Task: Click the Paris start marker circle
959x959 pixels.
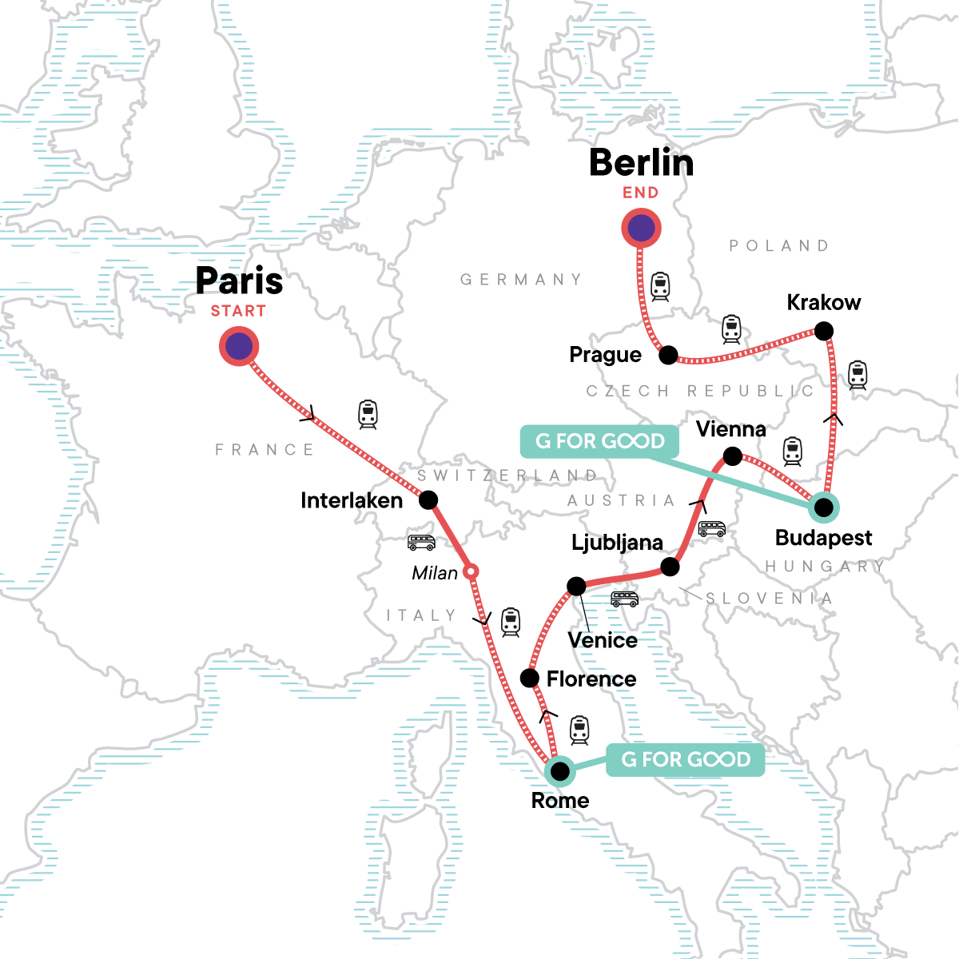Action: pyautogui.click(x=239, y=347)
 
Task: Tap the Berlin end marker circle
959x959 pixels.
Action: pyautogui.click(x=641, y=229)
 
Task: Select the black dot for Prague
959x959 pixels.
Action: pyautogui.click(x=668, y=355)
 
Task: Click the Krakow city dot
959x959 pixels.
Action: pyautogui.click(x=823, y=331)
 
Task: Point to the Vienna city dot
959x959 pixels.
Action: pyautogui.click(x=732, y=456)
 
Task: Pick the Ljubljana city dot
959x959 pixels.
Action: pyautogui.click(x=671, y=567)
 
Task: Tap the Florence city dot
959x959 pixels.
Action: pyautogui.click(x=529, y=678)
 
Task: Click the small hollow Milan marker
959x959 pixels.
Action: pyautogui.click(x=472, y=571)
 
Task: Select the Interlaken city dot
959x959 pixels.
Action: pyautogui.click(x=428, y=500)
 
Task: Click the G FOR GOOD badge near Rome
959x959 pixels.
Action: pyautogui.click(x=685, y=759)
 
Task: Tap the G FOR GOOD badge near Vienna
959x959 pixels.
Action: pyautogui.click(x=599, y=441)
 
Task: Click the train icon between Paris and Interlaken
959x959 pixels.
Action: pyautogui.click(x=368, y=414)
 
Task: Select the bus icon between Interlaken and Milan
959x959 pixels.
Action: pyautogui.click(x=421, y=543)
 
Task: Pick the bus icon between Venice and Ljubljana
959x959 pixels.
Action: pyautogui.click(x=625, y=599)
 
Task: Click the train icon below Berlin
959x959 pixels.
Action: pyautogui.click(x=660, y=286)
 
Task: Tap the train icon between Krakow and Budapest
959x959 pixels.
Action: pyautogui.click(x=858, y=375)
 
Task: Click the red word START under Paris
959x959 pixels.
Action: pyautogui.click(x=238, y=311)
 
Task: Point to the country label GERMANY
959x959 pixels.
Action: pyautogui.click(x=521, y=280)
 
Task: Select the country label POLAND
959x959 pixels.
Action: pyautogui.click(x=779, y=245)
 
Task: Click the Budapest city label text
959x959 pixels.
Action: pyautogui.click(x=823, y=538)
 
